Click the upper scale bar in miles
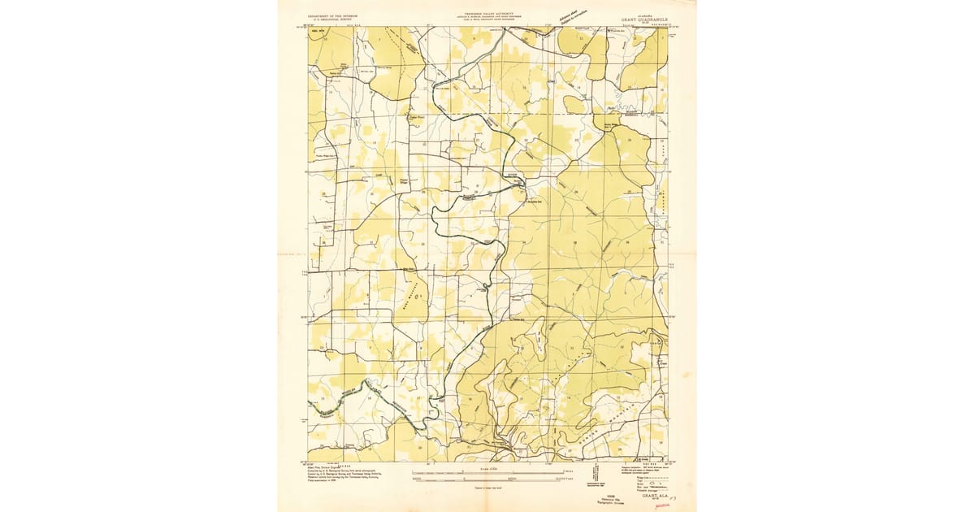tap(487, 474)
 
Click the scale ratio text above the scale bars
tap(487, 468)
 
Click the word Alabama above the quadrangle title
tap(630, 13)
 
